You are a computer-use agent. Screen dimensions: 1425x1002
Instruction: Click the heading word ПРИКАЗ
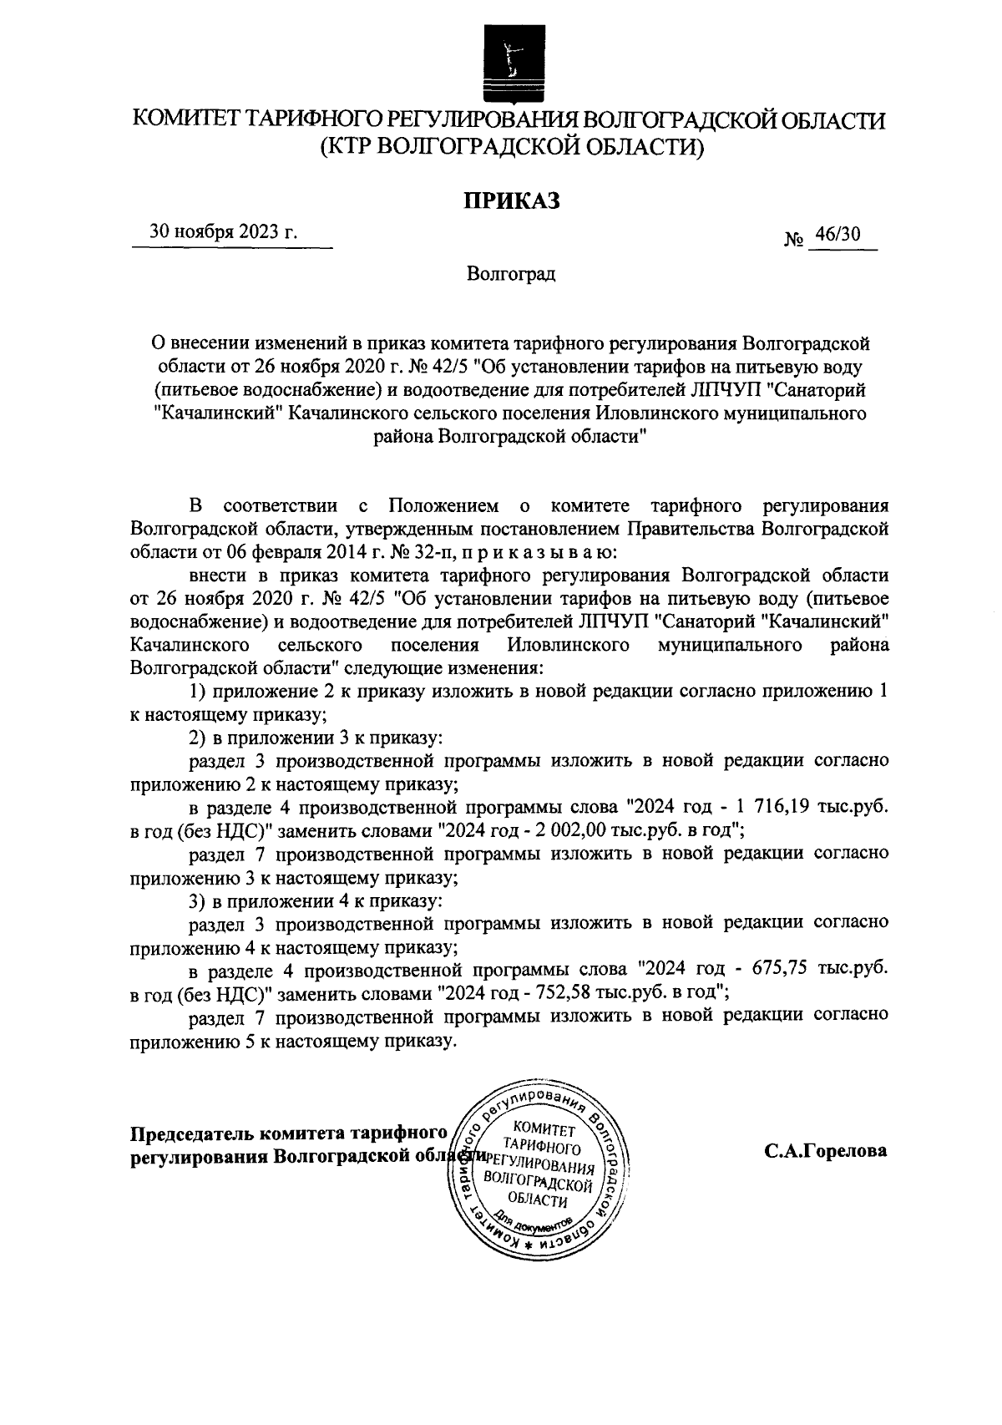(x=510, y=201)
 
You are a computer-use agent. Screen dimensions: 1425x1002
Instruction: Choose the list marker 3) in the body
(x=197, y=901)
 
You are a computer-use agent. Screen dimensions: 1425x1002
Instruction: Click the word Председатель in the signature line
(x=192, y=1133)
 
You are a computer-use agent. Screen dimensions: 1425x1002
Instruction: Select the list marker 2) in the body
(x=197, y=738)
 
